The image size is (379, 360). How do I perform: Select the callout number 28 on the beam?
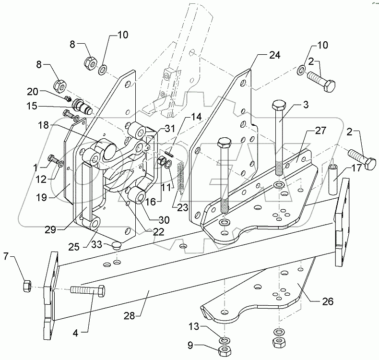click(129, 315)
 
